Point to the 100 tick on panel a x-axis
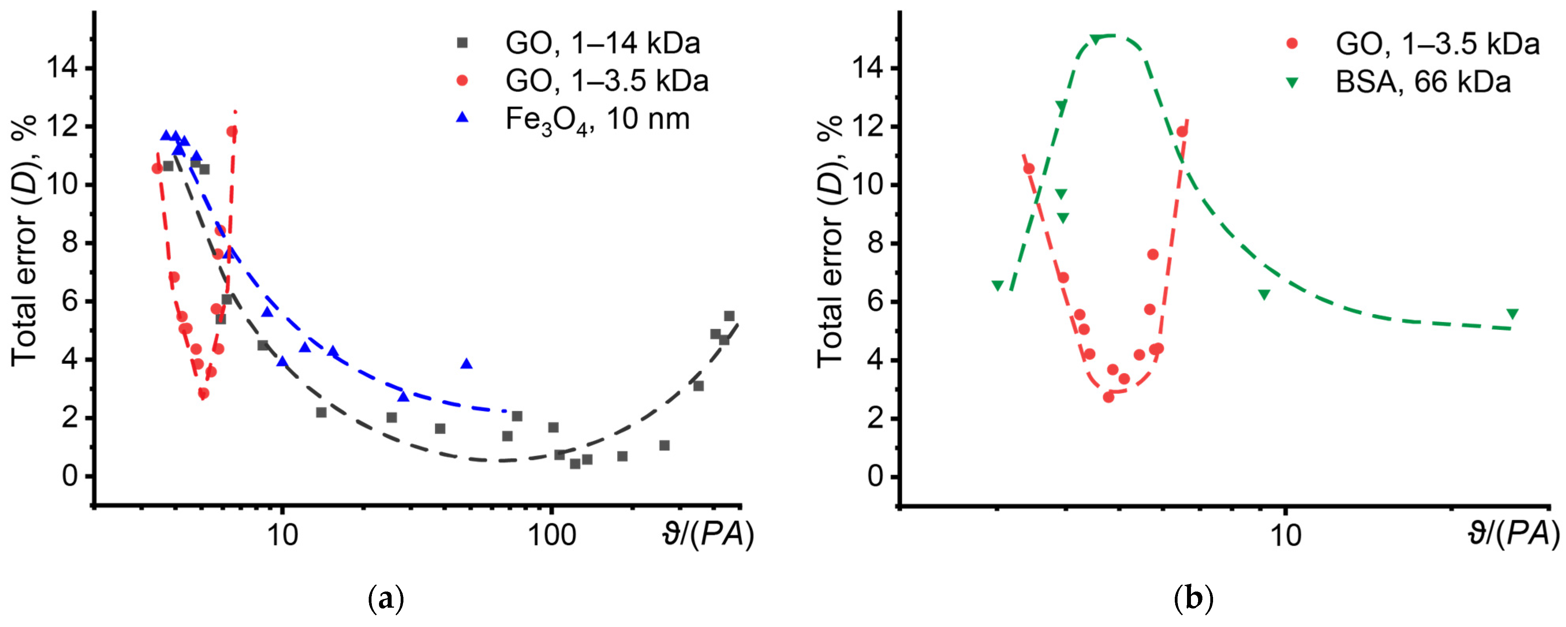551,535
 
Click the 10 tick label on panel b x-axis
1286,535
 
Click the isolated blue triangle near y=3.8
466,364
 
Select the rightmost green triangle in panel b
1512,314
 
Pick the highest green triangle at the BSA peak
1096,39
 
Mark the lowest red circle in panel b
1108,397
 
